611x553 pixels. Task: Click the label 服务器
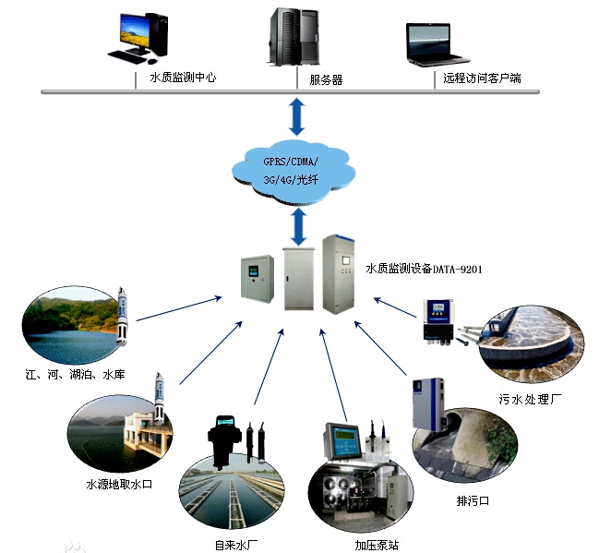[x=326, y=80]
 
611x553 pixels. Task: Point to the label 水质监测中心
[x=183, y=78]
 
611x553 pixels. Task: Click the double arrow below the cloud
[x=298, y=224]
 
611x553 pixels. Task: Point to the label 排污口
[x=473, y=501]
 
